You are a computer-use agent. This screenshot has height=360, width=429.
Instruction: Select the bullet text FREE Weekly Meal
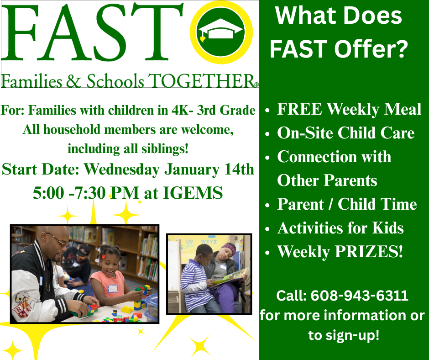click(x=349, y=110)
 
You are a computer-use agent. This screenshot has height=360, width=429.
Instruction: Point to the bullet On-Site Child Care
click(x=345, y=133)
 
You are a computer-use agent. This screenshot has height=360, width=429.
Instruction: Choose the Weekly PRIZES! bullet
click(x=340, y=252)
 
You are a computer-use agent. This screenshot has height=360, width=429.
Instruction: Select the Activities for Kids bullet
click(x=340, y=228)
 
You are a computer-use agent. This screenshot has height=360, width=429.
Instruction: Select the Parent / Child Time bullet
click(x=347, y=204)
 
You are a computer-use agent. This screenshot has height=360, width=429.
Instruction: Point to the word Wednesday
click(x=122, y=169)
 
